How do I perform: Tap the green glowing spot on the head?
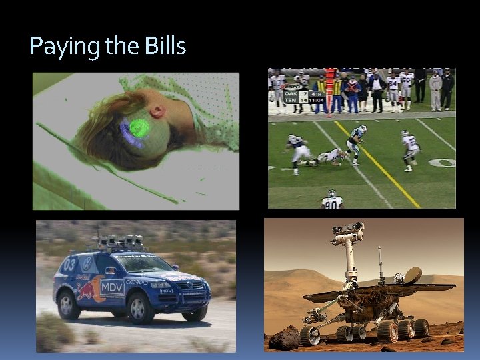click(x=139, y=127)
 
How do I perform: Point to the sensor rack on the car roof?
click(x=121, y=243)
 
